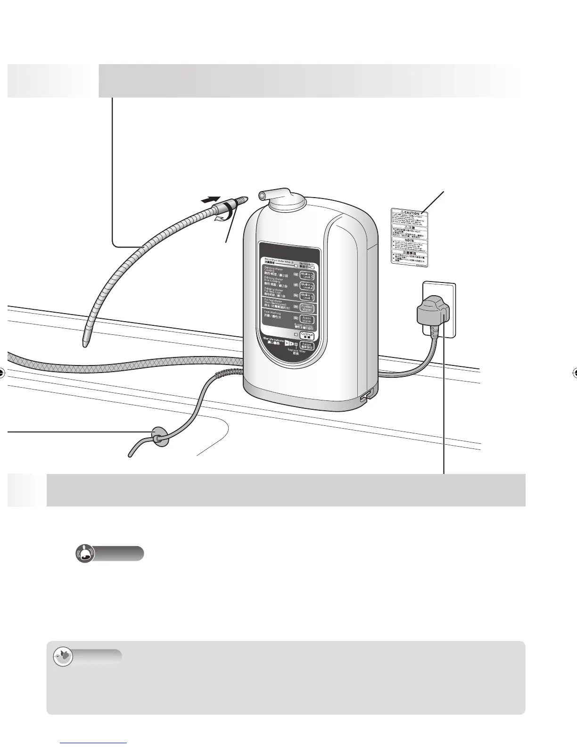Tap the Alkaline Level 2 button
[x=307, y=286]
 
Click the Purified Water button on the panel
[x=307, y=308]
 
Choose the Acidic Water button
[x=307, y=320]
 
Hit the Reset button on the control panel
[x=307, y=346]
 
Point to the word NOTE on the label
[x=409, y=240]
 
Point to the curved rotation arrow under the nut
[x=220, y=217]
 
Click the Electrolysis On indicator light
[x=311, y=268]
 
